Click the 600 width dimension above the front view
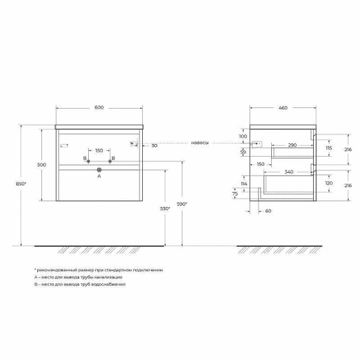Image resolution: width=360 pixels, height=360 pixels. click(99, 107)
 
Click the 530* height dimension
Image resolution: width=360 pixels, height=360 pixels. click(166, 208)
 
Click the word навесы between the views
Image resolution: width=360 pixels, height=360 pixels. click(200, 143)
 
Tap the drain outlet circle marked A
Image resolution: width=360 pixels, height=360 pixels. click(100, 170)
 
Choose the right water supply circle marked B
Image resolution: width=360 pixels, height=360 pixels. click(111, 162)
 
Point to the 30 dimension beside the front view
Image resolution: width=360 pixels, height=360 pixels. click(154, 146)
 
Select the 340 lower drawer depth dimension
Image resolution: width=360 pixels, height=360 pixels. click(289, 172)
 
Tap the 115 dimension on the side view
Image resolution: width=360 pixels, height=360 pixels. click(328, 148)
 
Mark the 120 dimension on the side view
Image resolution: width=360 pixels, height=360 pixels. click(328, 182)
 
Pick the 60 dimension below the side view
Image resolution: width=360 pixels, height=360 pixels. click(267, 211)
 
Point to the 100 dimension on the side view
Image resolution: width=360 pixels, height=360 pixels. click(242, 137)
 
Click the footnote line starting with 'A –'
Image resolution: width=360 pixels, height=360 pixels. click(79, 277)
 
